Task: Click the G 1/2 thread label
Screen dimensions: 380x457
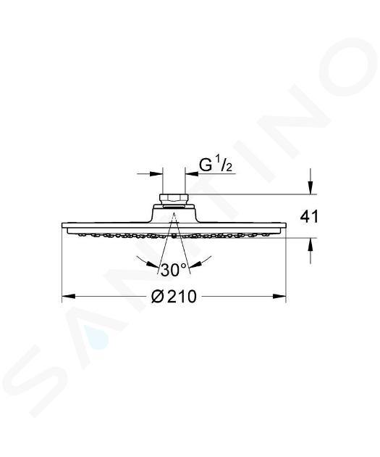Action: pos(216,165)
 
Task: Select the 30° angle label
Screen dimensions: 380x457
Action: pos(174,270)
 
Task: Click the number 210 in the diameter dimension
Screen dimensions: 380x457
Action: pos(182,297)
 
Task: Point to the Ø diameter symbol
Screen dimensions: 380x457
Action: pos(159,297)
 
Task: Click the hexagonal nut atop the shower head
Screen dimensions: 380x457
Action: pos(174,199)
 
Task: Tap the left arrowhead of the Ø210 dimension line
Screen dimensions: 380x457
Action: pos(69,297)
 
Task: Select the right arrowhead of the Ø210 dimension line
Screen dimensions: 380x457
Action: pos(279,297)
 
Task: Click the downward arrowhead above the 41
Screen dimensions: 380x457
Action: pos(311,187)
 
